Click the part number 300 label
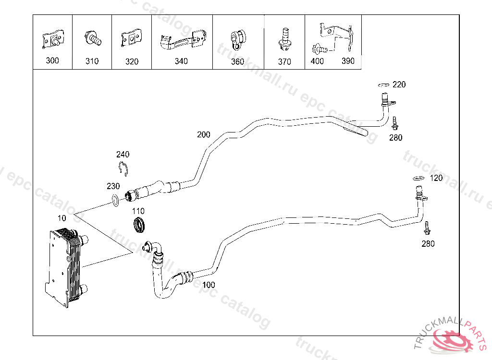(x=52, y=60)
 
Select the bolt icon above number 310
(x=92, y=38)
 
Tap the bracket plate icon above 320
(x=131, y=38)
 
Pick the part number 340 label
(x=181, y=61)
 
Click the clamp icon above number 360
(x=238, y=38)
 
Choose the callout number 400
(x=317, y=61)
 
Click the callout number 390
(x=348, y=61)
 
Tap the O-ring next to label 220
(x=383, y=85)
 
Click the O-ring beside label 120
(x=418, y=179)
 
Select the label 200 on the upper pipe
(x=203, y=134)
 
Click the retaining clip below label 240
(x=123, y=169)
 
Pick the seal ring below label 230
(x=116, y=201)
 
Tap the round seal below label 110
(x=139, y=225)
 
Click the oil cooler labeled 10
(x=65, y=266)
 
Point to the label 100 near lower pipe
(x=209, y=285)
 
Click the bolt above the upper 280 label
(x=394, y=123)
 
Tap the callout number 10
(x=61, y=218)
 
